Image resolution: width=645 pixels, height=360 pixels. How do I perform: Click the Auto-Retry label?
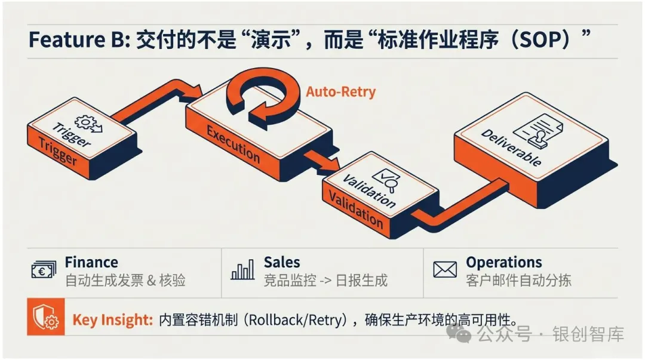(x=340, y=92)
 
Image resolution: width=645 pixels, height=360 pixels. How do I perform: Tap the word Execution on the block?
(x=233, y=143)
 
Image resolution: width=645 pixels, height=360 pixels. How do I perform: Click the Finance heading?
(x=91, y=262)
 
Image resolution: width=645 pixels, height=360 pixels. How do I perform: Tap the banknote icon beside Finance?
(x=44, y=270)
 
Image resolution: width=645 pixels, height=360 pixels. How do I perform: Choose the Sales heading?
(x=282, y=262)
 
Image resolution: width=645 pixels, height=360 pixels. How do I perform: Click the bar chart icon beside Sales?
(x=242, y=270)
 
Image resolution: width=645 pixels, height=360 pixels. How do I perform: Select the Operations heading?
(x=503, y=262)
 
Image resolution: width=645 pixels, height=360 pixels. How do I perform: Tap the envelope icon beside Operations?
(x=445, y=270)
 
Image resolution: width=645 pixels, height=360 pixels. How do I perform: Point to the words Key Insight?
(x=112, y=320)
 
